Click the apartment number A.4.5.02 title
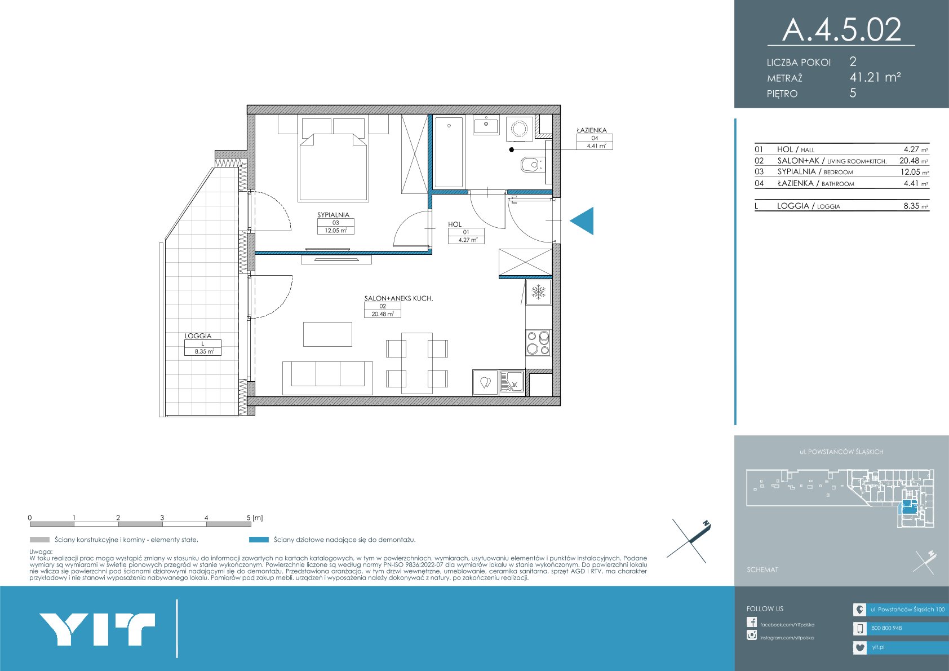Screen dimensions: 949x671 [x=841, y=29]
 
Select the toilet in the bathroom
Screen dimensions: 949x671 [x=531, y=165]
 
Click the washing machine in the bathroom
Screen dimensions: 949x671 [x=520, y=129]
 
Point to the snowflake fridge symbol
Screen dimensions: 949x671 [x=539, y=292]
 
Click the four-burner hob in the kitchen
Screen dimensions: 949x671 [x=538, y=343]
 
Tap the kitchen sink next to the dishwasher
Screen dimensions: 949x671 [x=512, y=382]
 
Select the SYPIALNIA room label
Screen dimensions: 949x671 [x=334, y=215]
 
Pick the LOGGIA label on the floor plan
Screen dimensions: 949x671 [x=198, y=335]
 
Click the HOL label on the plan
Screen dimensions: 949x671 [x=455, y=224]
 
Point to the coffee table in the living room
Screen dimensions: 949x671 [x=327, y=334]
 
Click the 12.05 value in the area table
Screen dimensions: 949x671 [x=910, y=172]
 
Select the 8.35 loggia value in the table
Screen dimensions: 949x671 [x=911, y=206]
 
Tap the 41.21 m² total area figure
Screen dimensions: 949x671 [x=875, y=77]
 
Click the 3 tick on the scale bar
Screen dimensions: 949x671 [x=162, y=518]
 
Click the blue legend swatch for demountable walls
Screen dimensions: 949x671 [x=259, y=540]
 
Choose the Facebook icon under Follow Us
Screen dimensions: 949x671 [x=752, y=622]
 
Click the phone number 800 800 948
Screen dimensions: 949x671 [x=886, y=628]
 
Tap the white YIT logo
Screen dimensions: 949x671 [x=97, y=629]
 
